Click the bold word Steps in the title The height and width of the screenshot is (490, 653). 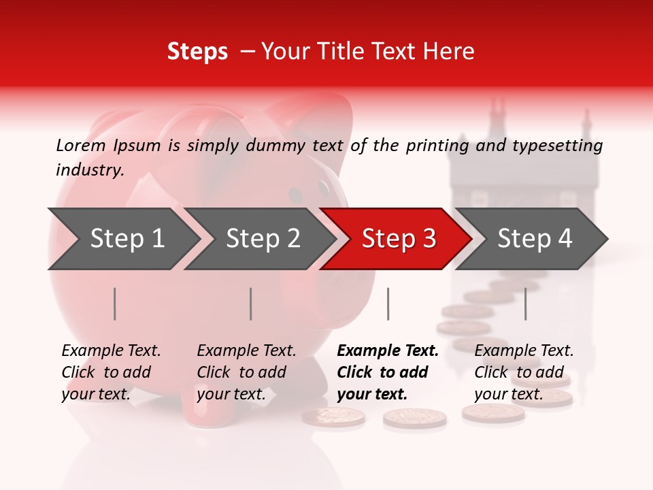[x=197, y=52]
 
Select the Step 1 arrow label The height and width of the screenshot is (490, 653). [x=127, y=238]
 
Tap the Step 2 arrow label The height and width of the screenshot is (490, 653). [x=263, y=238]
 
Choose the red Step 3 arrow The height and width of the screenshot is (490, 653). [x=399, y=238]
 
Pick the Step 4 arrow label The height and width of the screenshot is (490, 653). [x=535, y=238]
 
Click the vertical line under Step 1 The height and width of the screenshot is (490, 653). [x=115, y=304]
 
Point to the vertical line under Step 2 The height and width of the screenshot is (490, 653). [x=251, y=304]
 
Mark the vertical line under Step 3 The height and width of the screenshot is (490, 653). [x=388, y=304]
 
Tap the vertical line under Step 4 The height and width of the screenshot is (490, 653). [x=525, y=304]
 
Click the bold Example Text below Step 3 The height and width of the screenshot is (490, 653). [x=388, y=350]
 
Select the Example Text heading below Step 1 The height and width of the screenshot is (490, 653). [x=111, y=350]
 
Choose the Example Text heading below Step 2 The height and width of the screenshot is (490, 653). [x=246, y=350]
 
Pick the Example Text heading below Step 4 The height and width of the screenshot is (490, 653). [x=524, y=350]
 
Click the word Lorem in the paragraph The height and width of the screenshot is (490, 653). [x=80, y=145]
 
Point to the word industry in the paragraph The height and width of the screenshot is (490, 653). [x=89, y=169]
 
